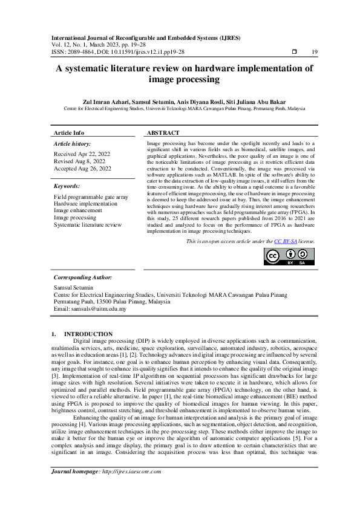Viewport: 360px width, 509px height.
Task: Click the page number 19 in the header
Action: pyautogui.click(x=314, y=53)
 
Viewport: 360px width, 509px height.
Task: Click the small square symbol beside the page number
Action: pyautogui.click(x=294, y=53)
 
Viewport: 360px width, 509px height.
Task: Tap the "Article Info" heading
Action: pyautogui.click(x=69, y=132)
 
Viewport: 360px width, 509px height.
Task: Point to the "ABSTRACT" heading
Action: pyautogui.click(x=163, y=132)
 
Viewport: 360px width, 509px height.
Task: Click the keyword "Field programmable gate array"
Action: pyautogui.click(x=91, y=197)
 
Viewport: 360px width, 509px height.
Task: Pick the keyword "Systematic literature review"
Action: pyautogui.click(x=88, y=224)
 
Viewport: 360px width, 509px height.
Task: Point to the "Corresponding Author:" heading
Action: pyautogui.click(x=83, y=276)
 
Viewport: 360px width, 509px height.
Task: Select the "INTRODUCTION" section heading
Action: pyautogui.click(x=88, y=334)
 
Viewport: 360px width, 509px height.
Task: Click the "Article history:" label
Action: pyautogui.click(x=73, y=144)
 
